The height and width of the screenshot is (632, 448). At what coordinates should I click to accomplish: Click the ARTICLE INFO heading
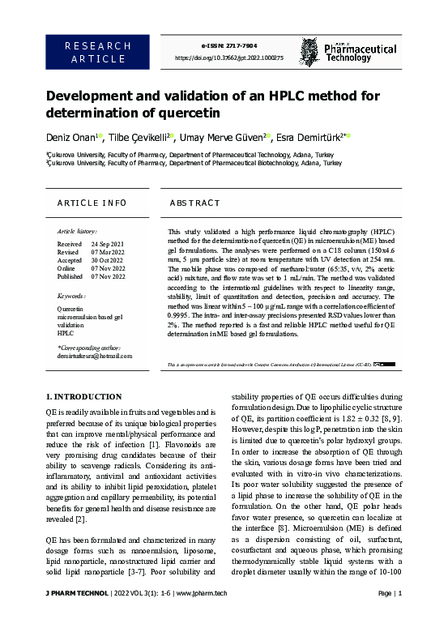coord(91,202)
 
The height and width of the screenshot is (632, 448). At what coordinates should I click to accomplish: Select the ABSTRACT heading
coord(194,202)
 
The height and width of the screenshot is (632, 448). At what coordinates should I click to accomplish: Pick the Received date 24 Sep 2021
coord(107,244)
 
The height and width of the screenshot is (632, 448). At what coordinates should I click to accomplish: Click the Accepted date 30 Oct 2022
coord(107,260)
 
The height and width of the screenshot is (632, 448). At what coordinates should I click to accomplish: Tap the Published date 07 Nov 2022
coord(107,276)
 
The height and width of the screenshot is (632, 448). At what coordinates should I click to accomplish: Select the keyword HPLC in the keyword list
coord(65,333)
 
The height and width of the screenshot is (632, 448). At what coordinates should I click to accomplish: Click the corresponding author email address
coord(94,357)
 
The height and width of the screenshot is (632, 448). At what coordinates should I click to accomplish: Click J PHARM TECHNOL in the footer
coord(77,617)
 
